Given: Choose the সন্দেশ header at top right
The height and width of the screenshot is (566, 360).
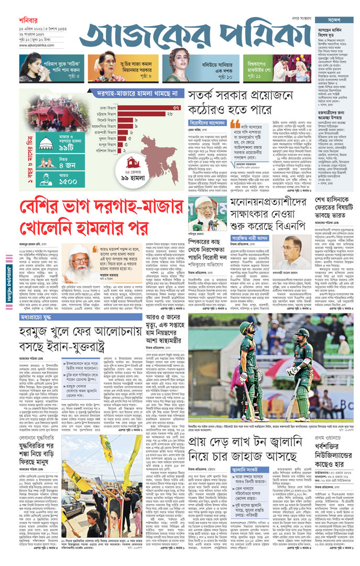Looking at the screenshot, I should click(x=336, y=19).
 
